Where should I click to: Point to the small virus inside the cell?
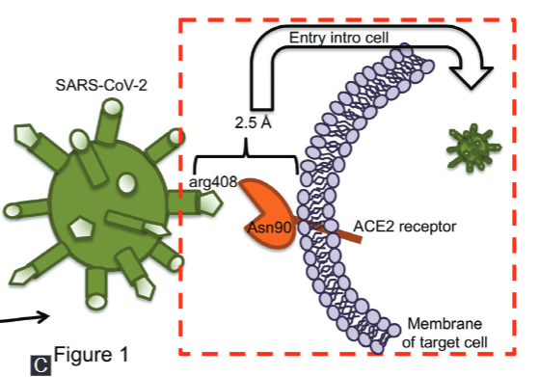[470, 146]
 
